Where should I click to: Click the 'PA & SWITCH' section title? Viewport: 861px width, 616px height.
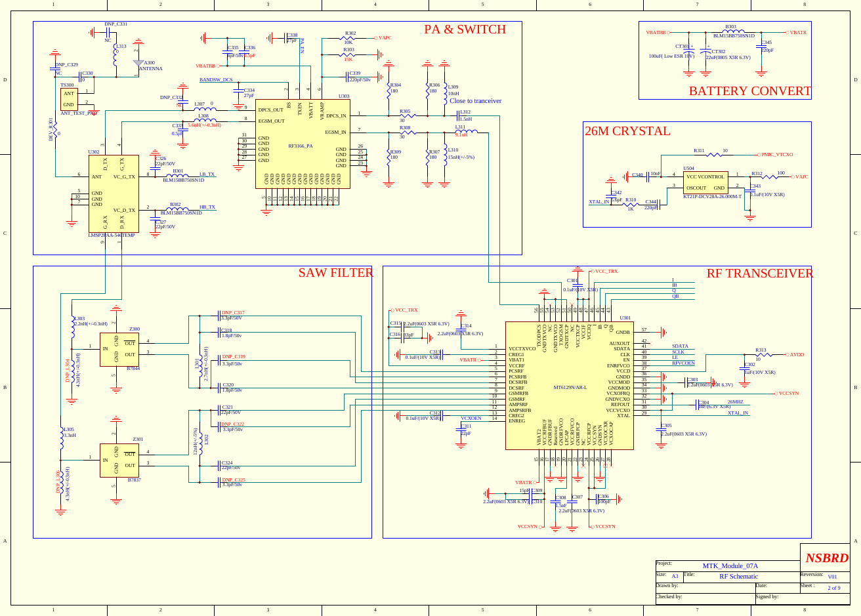[465, 30]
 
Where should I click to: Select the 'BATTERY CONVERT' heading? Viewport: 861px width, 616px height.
[749, 91]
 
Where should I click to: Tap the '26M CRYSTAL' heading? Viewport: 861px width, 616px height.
[627, 131]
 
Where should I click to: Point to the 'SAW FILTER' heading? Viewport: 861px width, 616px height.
[335, 273]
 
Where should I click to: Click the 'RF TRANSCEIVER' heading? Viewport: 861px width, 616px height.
[759, 274]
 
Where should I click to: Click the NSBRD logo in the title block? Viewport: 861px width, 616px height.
[826, 558]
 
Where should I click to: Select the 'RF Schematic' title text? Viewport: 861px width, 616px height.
[738, 577]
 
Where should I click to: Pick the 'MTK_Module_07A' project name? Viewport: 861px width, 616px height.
[730, 565]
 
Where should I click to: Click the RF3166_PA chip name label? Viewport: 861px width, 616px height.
[301, 146]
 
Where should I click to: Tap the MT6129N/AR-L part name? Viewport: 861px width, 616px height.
[570, 388]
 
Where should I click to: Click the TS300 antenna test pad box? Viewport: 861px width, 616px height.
[69, 99]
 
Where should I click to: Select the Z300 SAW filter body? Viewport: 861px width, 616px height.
[119, 349]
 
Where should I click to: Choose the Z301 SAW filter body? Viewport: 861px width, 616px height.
[119, 460]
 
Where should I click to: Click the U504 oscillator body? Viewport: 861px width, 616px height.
[705, 182]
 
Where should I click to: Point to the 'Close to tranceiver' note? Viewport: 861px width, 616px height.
[475, 101]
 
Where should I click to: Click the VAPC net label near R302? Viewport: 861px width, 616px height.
[385, 38]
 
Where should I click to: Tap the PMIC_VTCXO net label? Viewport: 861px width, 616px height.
[777, 155]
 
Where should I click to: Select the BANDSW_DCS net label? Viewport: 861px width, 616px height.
[216, 80]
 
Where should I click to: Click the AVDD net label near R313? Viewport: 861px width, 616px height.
[797, 355]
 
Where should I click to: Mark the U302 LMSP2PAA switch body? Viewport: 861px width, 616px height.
[114, 193]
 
